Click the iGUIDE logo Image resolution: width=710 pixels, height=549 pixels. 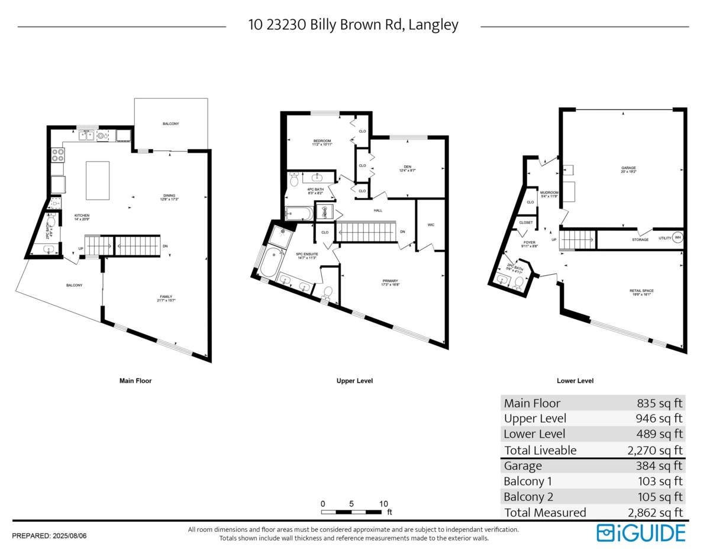(x=641, y=532)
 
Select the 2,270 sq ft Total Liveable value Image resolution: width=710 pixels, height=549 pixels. (x=654, y=450)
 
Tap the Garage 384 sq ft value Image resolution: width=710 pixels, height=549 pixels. (x=660, y=466)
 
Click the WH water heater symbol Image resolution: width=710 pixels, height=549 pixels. (x=678, y=237)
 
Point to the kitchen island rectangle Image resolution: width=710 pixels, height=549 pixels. (x=98, y=180)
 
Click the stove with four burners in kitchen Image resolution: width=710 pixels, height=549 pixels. (x=58, y=155)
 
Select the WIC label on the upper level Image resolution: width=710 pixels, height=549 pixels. (x=431, y=225)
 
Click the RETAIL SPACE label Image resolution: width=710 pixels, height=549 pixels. (x=641, y=291)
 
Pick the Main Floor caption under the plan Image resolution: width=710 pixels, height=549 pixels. (x=135, y=381)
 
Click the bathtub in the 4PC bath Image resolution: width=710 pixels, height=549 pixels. (x=299, y=213)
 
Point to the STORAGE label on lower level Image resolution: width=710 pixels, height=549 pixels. (x=640, y=240)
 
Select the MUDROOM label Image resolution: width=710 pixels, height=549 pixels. (x=549, y=192)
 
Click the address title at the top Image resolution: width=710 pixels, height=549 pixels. (x=353, y=25)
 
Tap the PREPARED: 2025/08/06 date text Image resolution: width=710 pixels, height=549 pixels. (x=49, y=535)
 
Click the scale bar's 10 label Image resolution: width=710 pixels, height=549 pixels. (x=383, y=503)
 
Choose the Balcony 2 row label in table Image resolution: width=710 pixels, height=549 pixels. (x=528, y=497)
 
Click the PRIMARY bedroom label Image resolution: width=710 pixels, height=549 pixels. (x=390, y=281)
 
